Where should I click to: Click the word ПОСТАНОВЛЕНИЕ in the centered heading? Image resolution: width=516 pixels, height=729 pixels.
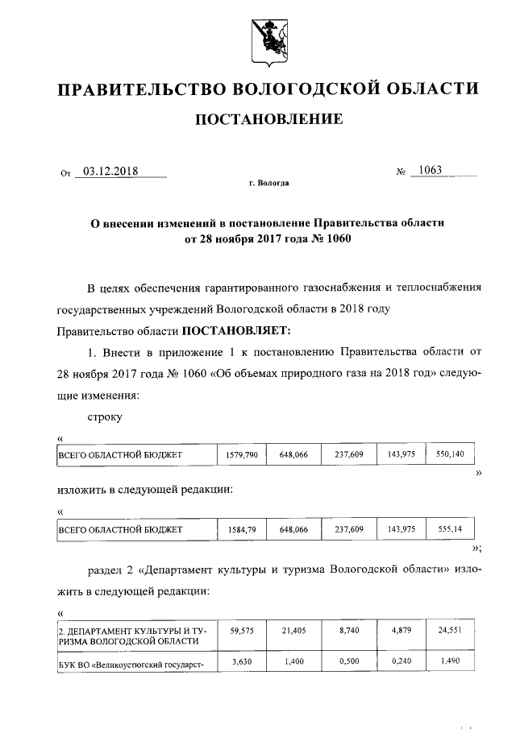[x=268, y=120]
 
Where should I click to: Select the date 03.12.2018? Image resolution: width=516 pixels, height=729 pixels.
[x=111, y=171]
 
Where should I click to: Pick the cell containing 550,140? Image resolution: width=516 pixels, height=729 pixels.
[x=450, y=455]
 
